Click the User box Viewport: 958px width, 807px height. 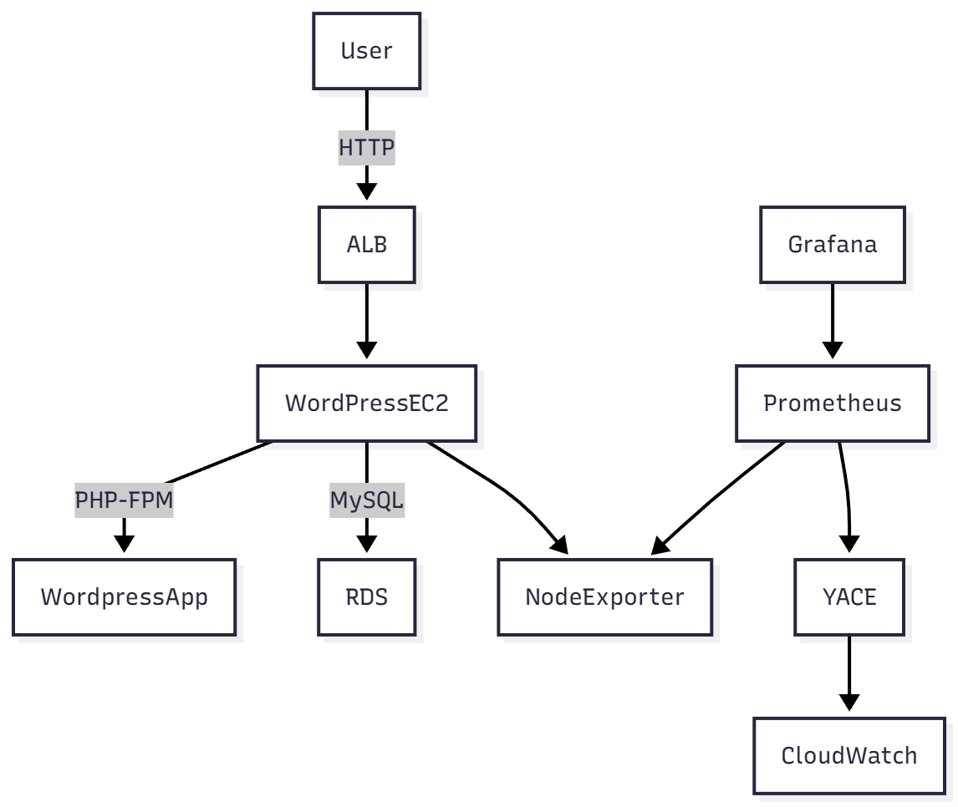(367, 51)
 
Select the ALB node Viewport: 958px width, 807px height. (367, 246)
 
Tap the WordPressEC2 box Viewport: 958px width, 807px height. (367, 403)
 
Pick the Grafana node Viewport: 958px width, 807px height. (832, 246)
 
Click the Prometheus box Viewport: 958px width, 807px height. (832, 403)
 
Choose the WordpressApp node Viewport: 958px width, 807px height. (125, 597)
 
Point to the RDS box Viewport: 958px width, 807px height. (367, 597)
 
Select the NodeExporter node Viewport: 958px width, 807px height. (604, 597)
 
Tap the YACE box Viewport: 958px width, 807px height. (848, 597)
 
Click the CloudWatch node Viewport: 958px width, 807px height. (848, 756)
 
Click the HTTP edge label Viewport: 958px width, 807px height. (367, 149)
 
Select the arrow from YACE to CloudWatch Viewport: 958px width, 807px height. (848, 672)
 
